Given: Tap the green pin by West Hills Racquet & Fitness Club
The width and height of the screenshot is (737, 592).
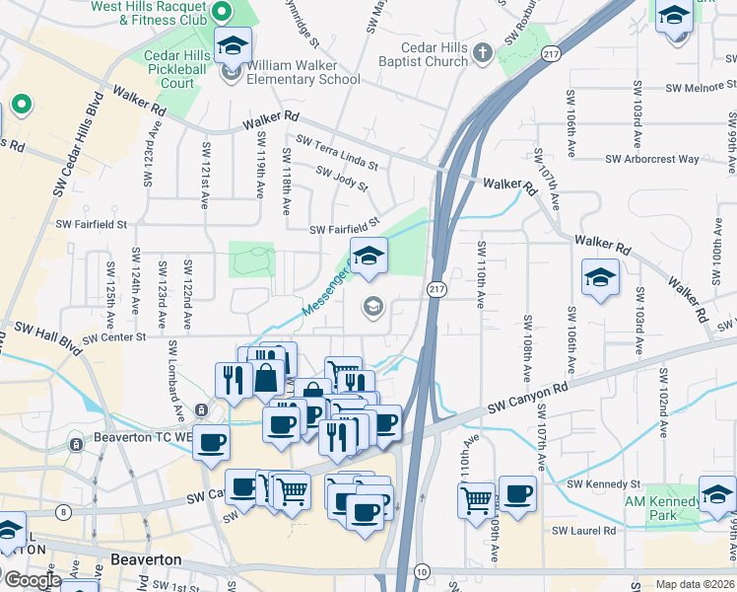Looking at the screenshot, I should coord(222,13).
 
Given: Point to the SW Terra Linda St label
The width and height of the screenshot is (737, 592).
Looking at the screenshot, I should coord(336,153).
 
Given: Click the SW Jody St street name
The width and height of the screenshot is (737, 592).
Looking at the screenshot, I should coord(341,179).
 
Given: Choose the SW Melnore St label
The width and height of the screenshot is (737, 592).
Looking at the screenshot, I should coord(698,87).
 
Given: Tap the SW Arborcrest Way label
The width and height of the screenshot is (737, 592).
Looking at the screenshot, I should coord(651,158).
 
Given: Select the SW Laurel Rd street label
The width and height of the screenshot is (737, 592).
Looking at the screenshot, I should coord(583,531).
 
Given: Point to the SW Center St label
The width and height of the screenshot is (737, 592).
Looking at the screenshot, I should coord(113,337).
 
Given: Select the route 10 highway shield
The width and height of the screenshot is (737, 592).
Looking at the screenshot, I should coord(422,571).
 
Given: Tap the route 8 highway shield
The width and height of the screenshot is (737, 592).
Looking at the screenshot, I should coord(64,511).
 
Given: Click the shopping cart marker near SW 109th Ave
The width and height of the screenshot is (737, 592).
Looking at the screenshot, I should coord(476,499).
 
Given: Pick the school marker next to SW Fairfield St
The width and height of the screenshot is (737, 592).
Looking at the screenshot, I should coord(368,257).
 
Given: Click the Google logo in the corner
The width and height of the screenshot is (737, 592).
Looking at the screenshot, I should coord(32,580).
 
